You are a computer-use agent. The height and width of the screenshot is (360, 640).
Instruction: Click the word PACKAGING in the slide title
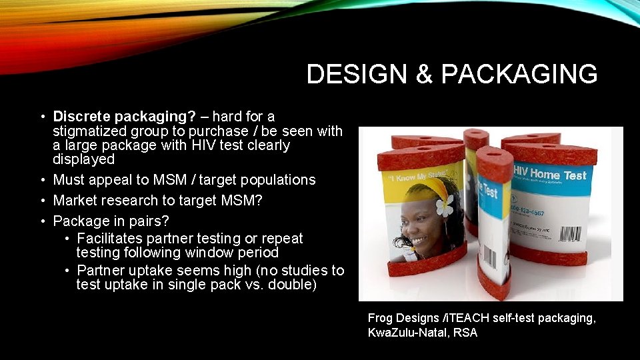(x=519, y=75)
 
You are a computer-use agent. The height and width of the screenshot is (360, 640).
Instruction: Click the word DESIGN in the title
(x=356, y=75)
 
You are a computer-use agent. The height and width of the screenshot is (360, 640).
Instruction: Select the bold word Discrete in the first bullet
(x=82, y=117)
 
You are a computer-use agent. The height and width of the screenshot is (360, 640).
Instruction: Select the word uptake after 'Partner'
(x=153, y=271)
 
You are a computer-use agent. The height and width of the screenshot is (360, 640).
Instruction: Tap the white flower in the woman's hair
(x=444, y=207)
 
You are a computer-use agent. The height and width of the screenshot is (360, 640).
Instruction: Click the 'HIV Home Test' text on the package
(x=549, y=175)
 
